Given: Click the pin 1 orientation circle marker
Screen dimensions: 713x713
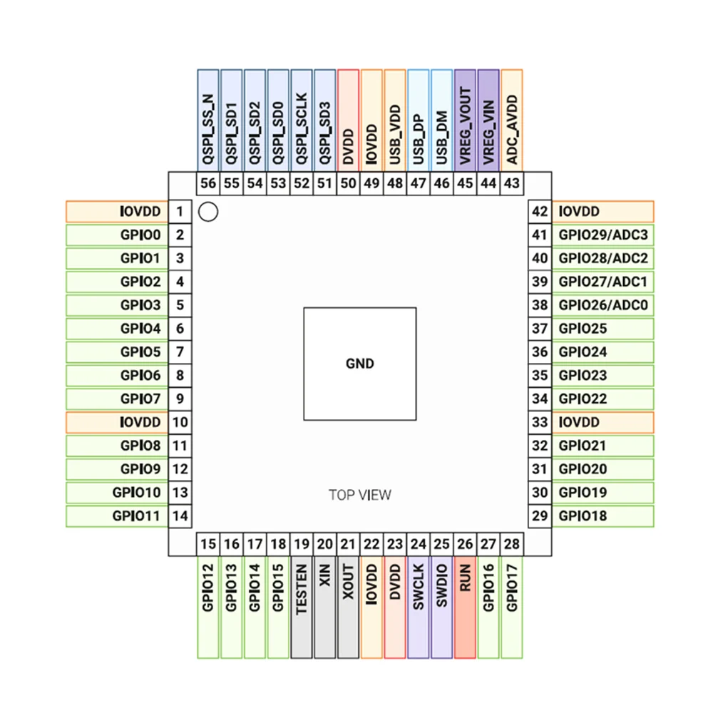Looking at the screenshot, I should pos(207,212).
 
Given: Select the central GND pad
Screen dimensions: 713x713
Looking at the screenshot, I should pos(360,364).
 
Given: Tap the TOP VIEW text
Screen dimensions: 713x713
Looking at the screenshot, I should pos(360,495).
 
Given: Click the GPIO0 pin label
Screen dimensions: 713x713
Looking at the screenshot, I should pos(117,235).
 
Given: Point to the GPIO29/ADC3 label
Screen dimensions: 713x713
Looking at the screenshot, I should pos(603,235).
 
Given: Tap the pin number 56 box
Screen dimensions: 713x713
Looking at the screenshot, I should pos(208,183).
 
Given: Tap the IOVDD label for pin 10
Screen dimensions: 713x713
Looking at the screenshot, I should pos(117,422).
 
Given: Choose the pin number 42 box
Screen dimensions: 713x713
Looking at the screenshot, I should pos(540,212).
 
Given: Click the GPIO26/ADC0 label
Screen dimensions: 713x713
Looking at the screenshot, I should pos(603,305).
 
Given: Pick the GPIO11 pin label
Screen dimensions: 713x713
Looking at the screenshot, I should pos(117,515).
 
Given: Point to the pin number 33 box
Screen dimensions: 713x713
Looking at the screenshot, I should pos(540,422).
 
